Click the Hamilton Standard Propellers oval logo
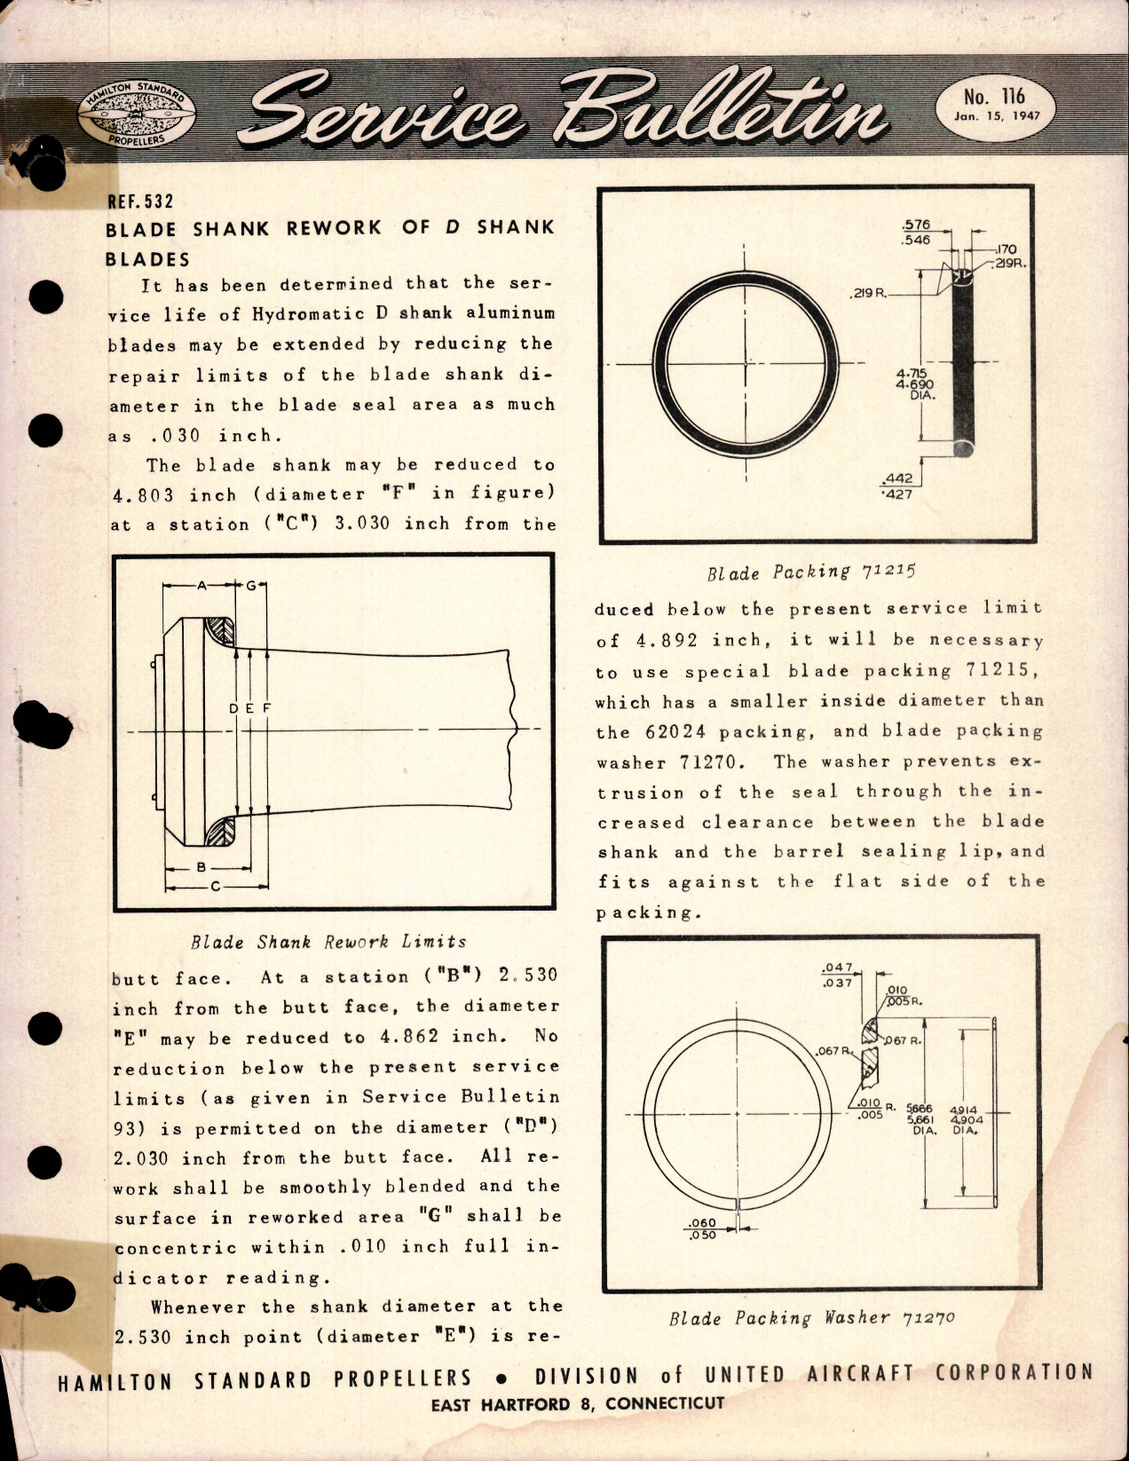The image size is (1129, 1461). (137, 119)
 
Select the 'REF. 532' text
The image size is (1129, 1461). (135, 201)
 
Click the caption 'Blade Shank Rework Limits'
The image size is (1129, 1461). (328, 942)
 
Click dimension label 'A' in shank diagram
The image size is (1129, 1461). (201, 585)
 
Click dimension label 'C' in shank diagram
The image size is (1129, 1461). (215, 885)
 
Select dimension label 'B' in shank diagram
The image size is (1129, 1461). (201, 866)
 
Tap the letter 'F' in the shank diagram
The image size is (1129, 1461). (266, 707)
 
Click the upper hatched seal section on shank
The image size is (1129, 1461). (218, 630)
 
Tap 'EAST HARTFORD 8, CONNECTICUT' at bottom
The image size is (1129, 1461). (577, 1404)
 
